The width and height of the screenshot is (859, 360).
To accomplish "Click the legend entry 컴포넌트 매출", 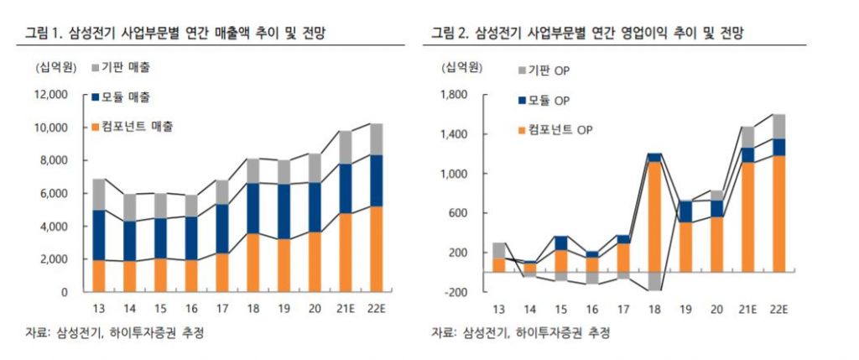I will (143, 126).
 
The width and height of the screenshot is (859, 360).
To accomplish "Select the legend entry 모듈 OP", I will (550, 101).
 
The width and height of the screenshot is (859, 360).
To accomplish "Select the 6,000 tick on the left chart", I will (53, 194).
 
